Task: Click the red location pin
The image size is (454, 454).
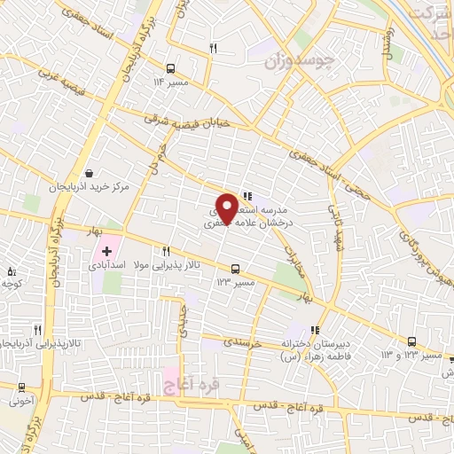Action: click(227, 207)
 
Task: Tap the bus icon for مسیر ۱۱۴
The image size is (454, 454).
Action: click(170, 67)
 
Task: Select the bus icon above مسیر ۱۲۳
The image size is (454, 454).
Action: click(235, 269)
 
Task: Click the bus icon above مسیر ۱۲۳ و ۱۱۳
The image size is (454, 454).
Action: click(411, 341)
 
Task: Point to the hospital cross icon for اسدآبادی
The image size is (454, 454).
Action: click(107, 252)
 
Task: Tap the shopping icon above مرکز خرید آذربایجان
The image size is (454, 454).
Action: click(89, 174)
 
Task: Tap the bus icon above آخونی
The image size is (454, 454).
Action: click(21, 387)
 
